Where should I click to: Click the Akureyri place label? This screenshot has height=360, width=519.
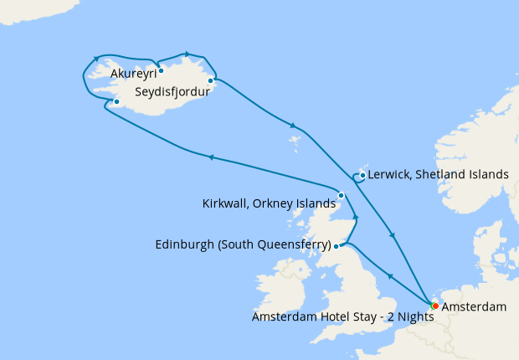coord(132,74)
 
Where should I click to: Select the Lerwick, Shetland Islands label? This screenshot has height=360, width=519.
coord(438,175)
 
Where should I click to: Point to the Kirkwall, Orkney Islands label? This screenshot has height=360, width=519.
coord(268,203)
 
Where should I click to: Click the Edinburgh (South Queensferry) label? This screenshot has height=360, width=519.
coord(243,245)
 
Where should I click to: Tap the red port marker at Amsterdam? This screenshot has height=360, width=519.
coord(435,306)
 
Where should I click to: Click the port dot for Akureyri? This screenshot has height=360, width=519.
coord(161,70)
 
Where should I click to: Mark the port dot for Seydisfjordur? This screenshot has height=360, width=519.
coord(210,81)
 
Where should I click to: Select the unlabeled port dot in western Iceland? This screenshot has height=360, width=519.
coord(116,103)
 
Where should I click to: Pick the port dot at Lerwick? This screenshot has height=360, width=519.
coord(362,176)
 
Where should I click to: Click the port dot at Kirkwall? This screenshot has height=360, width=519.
coord(341,196)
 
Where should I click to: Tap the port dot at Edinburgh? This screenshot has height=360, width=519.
coord(336,246)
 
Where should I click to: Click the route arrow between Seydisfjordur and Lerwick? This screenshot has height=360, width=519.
coord(293,126)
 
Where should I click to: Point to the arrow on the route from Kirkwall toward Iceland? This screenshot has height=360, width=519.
coord(211,157)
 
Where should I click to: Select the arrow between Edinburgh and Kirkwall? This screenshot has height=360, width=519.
coord(356,218)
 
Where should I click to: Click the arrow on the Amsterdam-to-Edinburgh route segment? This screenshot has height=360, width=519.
coord(389,275)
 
